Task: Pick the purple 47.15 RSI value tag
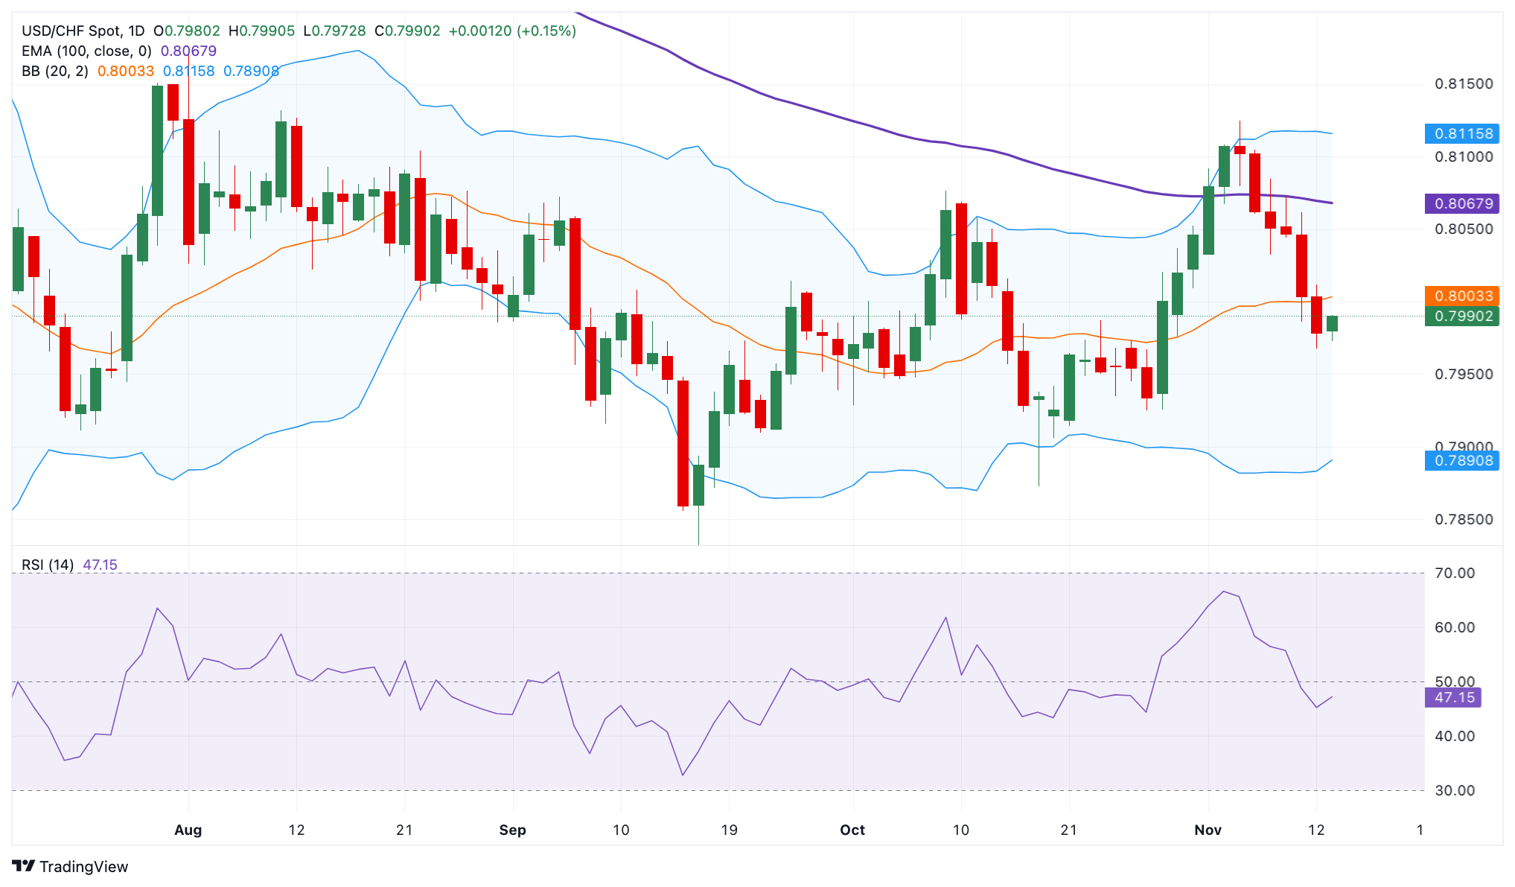point(1453,697)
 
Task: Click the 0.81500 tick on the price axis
point(1464,84)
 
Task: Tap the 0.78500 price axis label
point(1464,519)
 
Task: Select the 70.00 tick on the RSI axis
point(1454,573)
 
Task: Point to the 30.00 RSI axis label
point(1454,790)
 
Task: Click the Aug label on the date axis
point(188,830)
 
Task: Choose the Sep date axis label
point(512,830)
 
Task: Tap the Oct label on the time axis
point(852,830)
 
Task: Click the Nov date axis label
point(1208,830)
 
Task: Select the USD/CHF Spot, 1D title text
point(83,31)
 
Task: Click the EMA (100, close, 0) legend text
point(86,51)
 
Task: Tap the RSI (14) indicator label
point(48,565)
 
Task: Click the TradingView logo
point(70,866)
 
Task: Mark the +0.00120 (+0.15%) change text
point(512,31)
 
